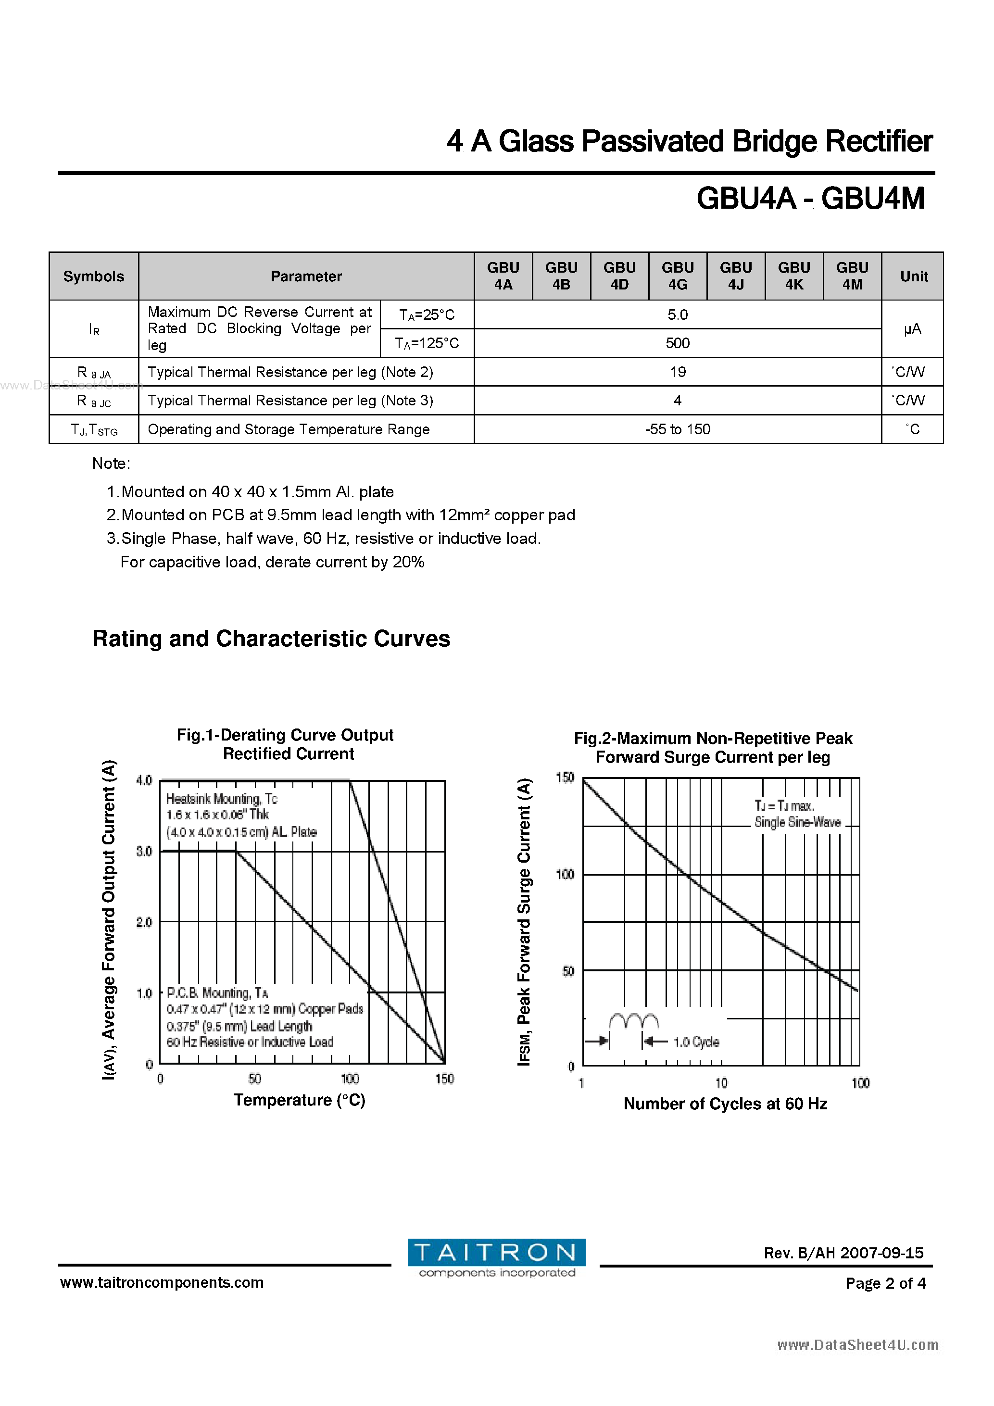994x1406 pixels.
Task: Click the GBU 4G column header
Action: [x=678, y=276]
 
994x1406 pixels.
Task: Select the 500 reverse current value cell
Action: [x=678, y=343]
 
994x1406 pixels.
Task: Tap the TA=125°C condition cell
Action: [x=427, y=343]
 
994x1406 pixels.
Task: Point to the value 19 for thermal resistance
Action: [x=678, y=372]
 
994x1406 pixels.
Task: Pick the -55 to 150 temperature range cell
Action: [x=678, y=429]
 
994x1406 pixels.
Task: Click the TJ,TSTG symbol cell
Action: [x=94, y=430]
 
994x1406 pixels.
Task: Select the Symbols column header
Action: [x=94, y=276]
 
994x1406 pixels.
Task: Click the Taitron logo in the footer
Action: [x=496, y=1258]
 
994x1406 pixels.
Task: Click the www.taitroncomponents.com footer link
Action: [x=162, y=1282]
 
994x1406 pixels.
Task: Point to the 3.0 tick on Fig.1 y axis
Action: [x=144, y=851]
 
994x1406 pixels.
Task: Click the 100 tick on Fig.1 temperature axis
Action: [x=350, y=1079]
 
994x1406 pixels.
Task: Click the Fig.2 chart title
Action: [x=712, y=748]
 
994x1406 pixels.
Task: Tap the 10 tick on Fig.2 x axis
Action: [x=721, y=1083]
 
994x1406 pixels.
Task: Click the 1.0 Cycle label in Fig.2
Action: [x=696, y=1042]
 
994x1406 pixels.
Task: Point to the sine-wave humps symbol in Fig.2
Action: [x=634, y=1020]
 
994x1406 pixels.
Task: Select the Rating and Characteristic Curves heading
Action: [x=271, y=639]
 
